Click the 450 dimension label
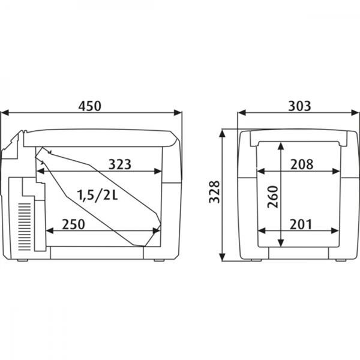click(x=89, y=106)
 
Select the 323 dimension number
click(x=120, y=164)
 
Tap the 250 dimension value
click(x=73, y=224)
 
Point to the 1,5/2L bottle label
click(x=97, y=196)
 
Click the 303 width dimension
click(x=299, y=106)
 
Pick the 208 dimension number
click(x=302, y=164)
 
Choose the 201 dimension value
click(x=301, y=224)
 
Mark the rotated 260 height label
click(x=273, y=197)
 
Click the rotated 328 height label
click(x=214, y=192)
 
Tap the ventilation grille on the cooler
click(x=25, y=227)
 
